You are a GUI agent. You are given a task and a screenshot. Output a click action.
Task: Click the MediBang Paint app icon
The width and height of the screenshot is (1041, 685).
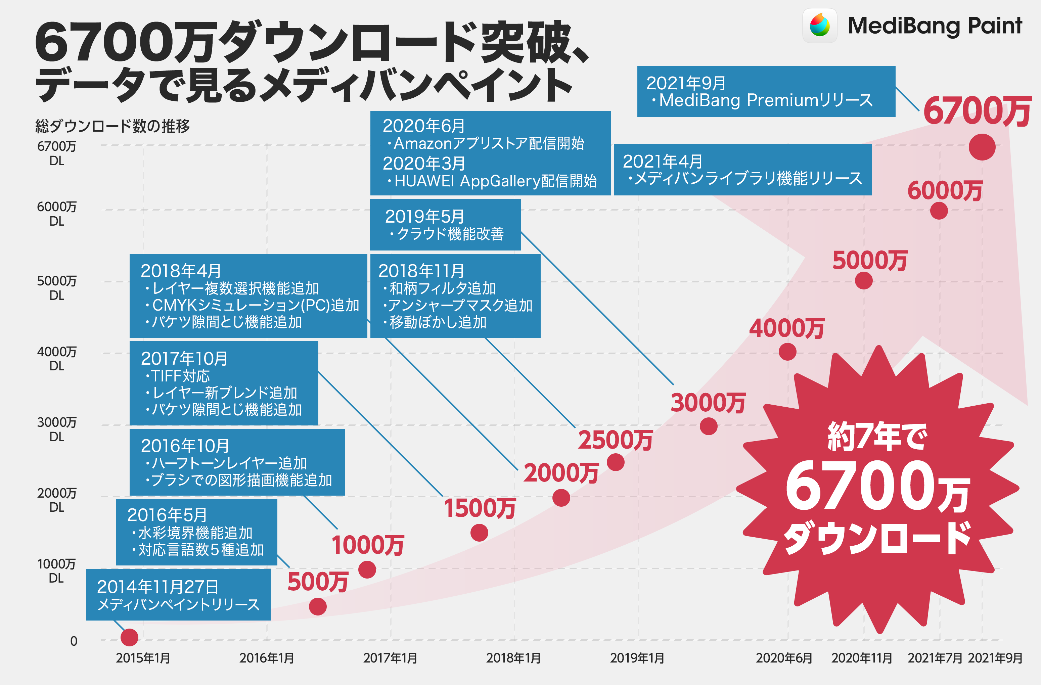[x=820, y=26]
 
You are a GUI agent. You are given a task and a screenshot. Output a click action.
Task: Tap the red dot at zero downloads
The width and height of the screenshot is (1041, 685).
[x=130, y=637]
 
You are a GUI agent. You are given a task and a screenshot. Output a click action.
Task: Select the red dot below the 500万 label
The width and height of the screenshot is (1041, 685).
[x=318, y=606]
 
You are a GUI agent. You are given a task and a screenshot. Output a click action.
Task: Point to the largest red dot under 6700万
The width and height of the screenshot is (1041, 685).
[x=982, y=147]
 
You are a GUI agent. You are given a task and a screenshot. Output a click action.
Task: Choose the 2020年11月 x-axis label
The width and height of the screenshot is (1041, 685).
[x=861, y=657]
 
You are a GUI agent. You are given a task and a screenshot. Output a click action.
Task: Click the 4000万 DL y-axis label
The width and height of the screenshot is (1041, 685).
[x=57, y=358]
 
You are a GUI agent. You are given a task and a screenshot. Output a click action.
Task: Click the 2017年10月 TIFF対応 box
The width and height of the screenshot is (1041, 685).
[x=224, y=383]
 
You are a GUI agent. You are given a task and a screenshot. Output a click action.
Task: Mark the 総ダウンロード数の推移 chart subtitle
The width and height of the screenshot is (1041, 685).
[x=112, y=126]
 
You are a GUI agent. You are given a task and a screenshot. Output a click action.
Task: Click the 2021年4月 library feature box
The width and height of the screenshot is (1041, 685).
[x=742, y=169]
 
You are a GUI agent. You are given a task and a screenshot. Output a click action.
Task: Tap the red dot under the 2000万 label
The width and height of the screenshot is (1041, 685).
[x=561, y=497]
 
